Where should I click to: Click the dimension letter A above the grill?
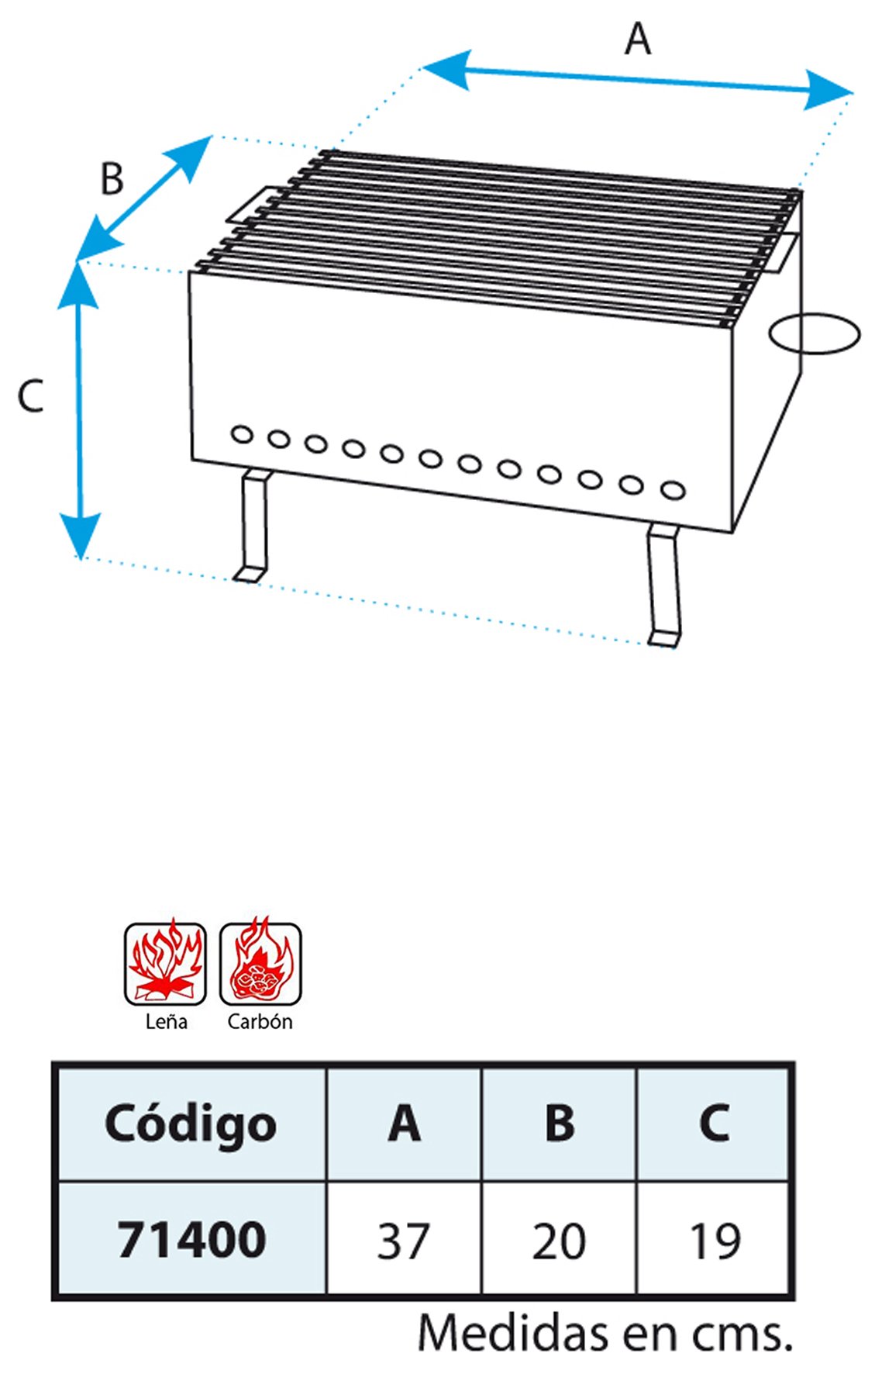pos(638,39)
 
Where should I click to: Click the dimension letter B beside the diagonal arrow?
pos(112,178)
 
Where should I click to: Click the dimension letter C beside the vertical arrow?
pos(30,395)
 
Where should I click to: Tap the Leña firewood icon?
pos(165,963)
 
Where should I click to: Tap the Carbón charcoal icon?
pos(260,963)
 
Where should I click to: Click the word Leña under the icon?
pos(166,1021)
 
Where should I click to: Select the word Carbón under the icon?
pos(260,1021)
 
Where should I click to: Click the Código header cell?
pos(191,1124)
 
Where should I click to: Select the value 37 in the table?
pos(403,1241)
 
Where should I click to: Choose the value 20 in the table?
pos(559,1241)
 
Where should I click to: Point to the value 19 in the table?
pos(715,1241)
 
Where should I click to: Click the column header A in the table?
pos(404,1123)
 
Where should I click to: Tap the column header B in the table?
pos(560,1123)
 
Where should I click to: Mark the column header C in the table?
pos(715,1123)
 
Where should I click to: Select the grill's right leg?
pos(665,585)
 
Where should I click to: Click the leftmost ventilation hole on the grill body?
pos(242,434)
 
